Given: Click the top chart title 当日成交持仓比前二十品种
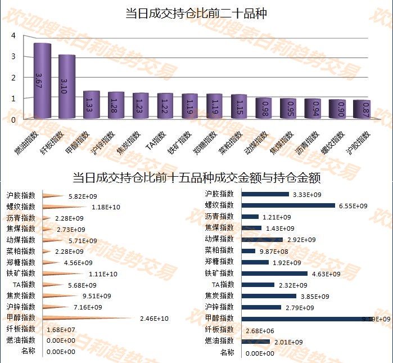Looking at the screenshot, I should coord(196,14).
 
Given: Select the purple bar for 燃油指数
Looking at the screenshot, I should coord(42,82).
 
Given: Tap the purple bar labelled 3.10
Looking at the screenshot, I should coord(67,87).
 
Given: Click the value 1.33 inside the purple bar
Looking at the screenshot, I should coord(92,105).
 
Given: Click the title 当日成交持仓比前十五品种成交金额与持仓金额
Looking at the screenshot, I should coord(196,178).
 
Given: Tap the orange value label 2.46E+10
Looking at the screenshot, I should coord(154,319).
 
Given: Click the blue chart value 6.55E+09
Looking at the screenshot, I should coord(353,206).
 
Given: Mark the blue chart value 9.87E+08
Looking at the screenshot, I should coord(273,251).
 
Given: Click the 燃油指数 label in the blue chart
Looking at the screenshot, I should coord(219,340).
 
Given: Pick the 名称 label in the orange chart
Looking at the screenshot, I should coord(28,351).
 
